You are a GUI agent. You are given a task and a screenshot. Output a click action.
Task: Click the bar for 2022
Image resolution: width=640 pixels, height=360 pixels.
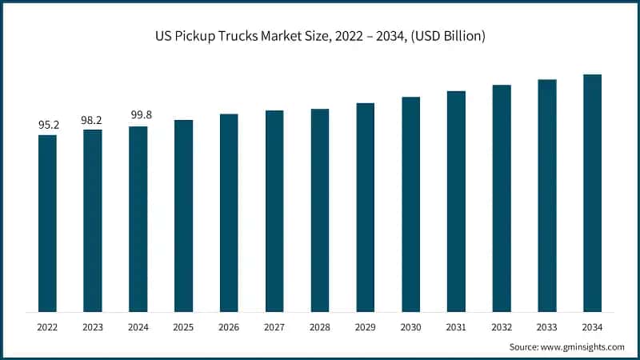[47, 223]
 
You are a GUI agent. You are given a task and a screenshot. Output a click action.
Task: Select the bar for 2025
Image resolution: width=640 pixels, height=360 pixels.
[184, 216]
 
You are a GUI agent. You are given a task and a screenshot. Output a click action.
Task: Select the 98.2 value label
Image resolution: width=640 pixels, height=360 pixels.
[93, 119]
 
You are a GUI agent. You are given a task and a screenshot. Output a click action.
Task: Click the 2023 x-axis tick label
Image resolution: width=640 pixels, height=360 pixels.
[93, 327]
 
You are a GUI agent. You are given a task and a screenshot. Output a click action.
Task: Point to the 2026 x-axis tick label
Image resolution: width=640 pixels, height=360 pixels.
[229, 327]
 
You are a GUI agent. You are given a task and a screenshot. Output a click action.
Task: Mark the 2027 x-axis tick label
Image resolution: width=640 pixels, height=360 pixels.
[274, 327]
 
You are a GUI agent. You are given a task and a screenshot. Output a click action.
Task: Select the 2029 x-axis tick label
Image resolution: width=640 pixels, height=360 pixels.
[366, 327]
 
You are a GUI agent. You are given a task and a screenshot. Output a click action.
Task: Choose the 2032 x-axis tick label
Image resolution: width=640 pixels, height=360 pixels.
[502, 327]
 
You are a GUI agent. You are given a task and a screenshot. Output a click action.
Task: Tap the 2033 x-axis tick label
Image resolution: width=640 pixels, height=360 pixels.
[547, 327]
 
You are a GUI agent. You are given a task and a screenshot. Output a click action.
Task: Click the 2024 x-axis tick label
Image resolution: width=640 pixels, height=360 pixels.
[138, 327]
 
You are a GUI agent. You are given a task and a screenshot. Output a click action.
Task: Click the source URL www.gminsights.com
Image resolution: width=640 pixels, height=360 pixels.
[586, 347]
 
